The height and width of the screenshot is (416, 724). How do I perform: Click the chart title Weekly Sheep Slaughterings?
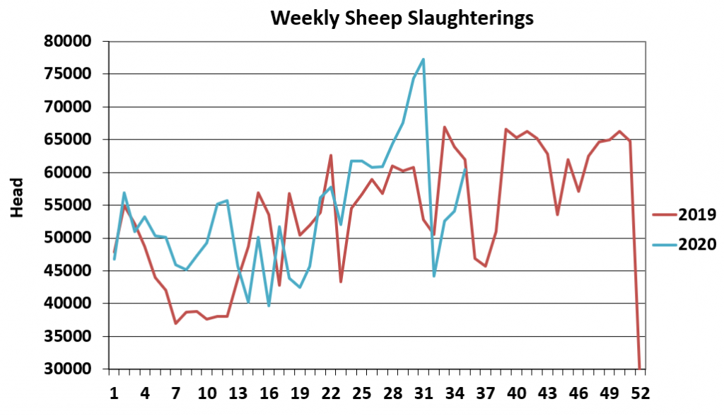coord(402,18)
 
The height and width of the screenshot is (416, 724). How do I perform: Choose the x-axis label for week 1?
coord(114,393)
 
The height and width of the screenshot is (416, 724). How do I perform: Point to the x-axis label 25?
coord(362,393)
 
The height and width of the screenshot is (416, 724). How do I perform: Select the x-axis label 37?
coord(486,393)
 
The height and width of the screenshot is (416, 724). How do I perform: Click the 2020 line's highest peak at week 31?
coord(424,59)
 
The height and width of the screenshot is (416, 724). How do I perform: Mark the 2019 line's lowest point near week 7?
coord(175,323)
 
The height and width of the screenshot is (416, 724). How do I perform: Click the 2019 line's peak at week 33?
coord(444,127)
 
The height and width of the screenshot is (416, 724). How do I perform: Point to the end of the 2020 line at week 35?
coord(465,169)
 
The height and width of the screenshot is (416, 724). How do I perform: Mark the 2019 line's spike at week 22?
coord(331,156)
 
